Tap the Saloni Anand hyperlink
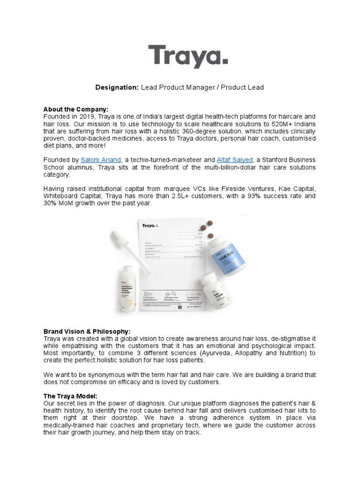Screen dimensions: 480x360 (x=101, y=160)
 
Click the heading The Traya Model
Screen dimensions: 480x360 (x=70, y=396)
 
